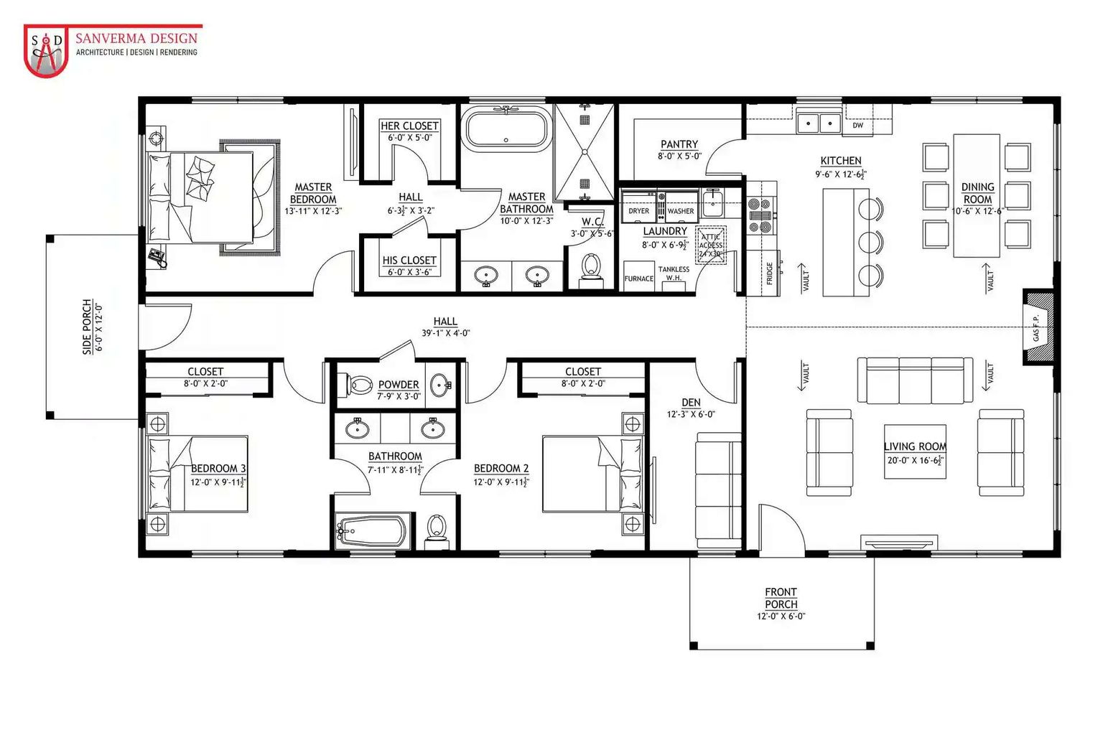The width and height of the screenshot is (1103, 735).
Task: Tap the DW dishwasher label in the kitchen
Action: click(857, 126)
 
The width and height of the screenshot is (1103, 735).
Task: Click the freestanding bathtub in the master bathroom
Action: click(506, 129)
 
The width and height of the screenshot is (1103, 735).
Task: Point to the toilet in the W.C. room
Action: click(592, 266)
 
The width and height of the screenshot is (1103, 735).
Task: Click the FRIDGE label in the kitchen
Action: click(770, 273)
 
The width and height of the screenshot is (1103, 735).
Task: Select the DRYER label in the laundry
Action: click(638, 211)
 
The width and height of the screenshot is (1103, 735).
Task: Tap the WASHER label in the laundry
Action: click(680, 211)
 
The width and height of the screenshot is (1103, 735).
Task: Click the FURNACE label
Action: click(638, 278)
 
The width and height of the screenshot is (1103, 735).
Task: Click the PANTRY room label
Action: click(679, 144)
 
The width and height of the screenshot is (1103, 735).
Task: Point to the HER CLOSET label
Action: click(409, 126)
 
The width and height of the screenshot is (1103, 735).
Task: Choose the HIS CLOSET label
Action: click(409, 261)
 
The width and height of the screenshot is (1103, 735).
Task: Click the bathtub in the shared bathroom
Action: click(373, 532)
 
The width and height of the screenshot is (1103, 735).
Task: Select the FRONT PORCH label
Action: click(781, 598)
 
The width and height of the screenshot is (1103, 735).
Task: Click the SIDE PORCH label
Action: click(87, 327)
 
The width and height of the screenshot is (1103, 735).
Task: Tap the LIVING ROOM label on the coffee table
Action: click(915, 446)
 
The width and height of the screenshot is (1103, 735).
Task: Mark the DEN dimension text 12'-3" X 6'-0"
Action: click(691, 414)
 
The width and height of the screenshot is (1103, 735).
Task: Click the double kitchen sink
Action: click(819, 123)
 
